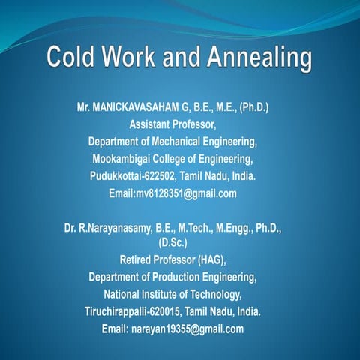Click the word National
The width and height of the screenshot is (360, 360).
pyautogui.click(x=125, y=294)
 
